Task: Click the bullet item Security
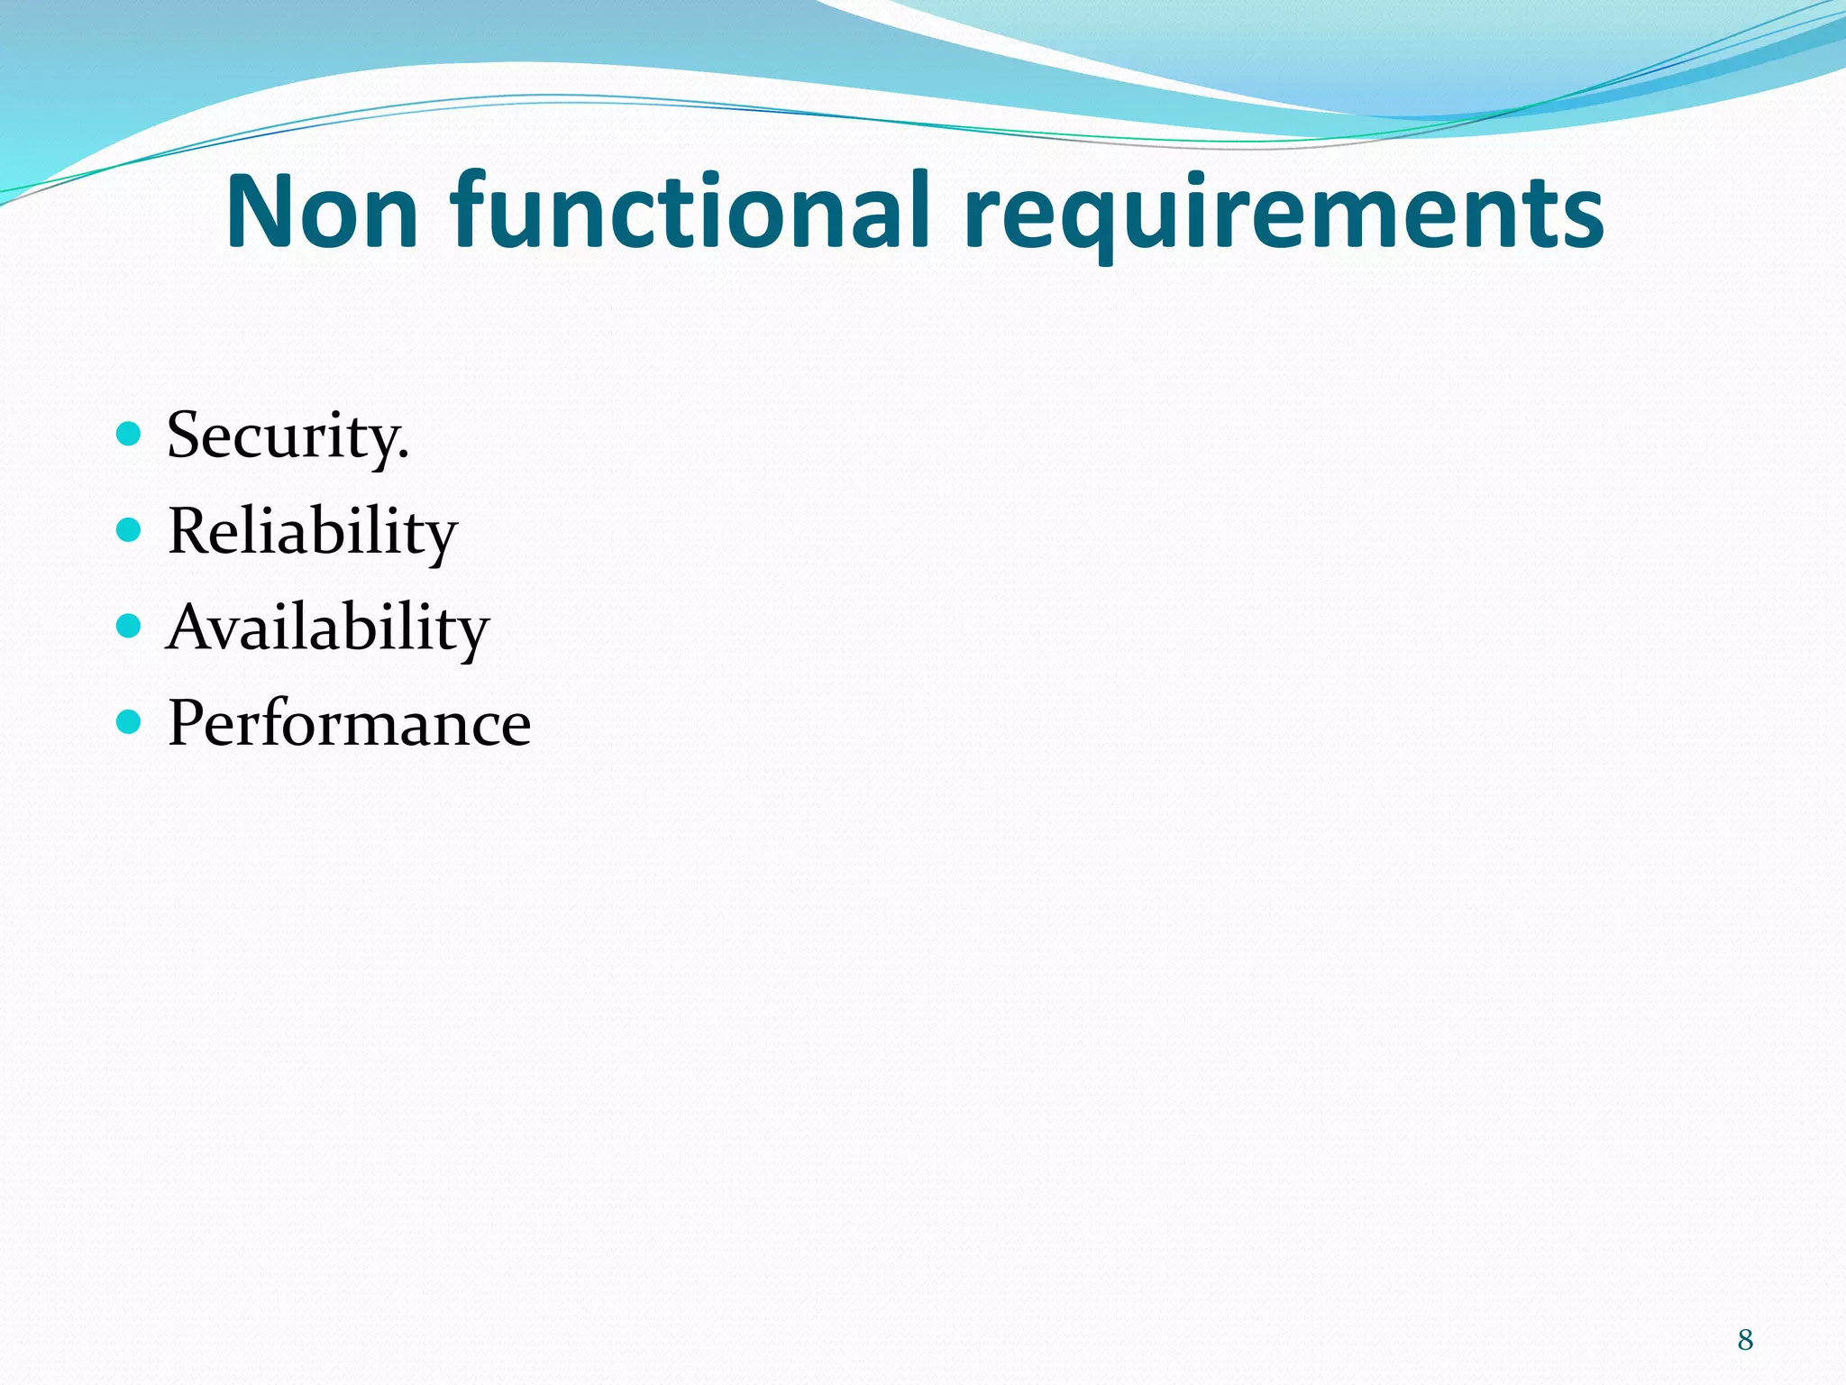click(288, 436)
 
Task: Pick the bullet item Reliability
click(312, 532)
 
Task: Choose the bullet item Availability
click(327, 628)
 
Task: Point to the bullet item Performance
click(349, 724)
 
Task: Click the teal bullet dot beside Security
click(130, 435)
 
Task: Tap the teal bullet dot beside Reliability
click(130, 530)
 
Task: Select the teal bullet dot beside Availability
click(130, 626)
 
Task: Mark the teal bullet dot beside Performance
click(130, 721)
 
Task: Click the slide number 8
click(1745, 1340)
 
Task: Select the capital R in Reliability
click(191, 531)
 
